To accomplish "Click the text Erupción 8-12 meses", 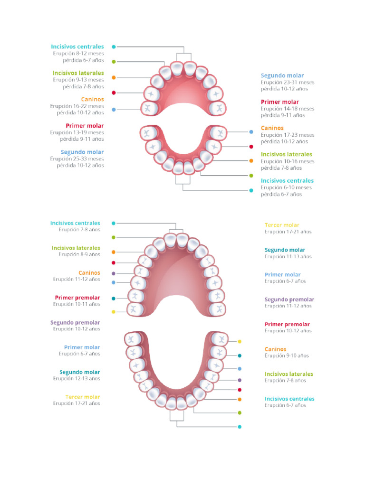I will pyautogui.click(x=78, y=54).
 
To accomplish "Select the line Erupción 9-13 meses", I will pyautogui.click(x=78, y=80).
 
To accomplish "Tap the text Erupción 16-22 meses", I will pyautogui.click(x=77, y=106).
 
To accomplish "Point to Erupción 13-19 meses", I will pyautogui.click(x=77, y=132).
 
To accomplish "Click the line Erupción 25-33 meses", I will pyautogui.click(x=77, y=159).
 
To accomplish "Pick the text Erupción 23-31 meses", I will pyautogui.click(x=288, y=82).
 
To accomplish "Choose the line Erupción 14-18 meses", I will pyautogui.click(x=288, y=109).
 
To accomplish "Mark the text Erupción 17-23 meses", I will pyautogui.click(x=288, y=135).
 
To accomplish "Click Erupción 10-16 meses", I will pyautogui.click(x=288, y=161).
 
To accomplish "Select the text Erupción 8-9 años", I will pyautogui.click(x=79, y=254).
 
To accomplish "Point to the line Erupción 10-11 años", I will pyautogui.click(x=77, y=304).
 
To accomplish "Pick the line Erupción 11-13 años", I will pyautogui.click(x=288, y=257).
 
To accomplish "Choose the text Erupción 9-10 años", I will pyautogui.click(x=287, y=355).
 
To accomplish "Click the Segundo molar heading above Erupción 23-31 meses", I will pyautogui.click(x=282, y=75).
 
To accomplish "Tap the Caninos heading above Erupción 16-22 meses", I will pyautogui.click(x=92, y=100).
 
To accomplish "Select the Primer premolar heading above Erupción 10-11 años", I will pyautogui.click(x=77, y=298).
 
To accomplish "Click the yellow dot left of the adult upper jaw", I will pyautogui.click(x=113, y=312).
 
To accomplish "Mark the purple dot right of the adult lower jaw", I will pyautogui.click(x=240, y=380).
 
